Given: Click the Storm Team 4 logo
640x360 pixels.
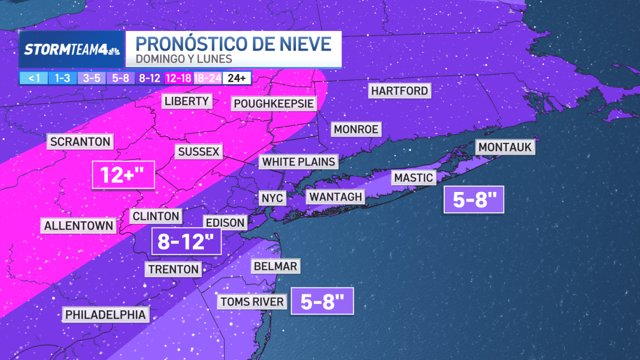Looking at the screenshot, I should click(71, 50).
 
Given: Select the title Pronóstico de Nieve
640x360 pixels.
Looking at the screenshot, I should click(237, 43).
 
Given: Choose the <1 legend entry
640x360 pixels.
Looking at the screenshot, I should click(34, 78).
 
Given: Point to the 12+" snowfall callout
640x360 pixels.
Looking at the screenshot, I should click(123, 174).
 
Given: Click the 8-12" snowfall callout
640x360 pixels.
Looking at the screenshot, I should click(186, 242).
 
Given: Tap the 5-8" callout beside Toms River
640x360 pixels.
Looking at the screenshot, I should click(322, 302).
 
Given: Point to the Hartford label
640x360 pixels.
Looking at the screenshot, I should click(399, 91).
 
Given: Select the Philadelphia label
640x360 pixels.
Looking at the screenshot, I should click(105, 315).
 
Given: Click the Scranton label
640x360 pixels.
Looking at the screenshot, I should click(81, 141).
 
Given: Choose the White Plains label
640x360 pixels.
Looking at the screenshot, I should click(299, 161).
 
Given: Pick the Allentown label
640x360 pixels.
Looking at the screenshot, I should click(78, 225).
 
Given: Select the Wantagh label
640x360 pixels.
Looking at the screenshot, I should click(335, 197).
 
